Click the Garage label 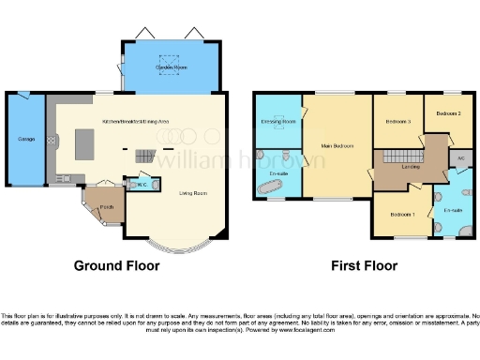click(26, 140)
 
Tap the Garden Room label click(172, 67)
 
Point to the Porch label click(107, 207)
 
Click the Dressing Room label click(277, 122)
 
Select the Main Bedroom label click(336, 144)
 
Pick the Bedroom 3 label click(398, 121)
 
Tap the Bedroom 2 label click(448, 113)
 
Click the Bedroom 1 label click(402, 215)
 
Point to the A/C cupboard click(461, 158)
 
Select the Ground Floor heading click(117, 265)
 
